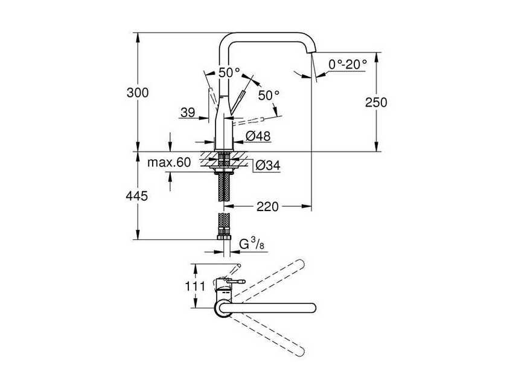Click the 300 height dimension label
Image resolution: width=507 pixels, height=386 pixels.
pos(138,93)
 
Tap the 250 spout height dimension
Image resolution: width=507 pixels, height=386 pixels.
pos(376,103)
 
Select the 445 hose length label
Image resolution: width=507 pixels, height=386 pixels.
pos(137,196)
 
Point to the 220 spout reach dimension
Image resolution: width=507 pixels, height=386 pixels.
pos(267,206)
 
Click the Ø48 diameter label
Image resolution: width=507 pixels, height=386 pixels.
pos(258,136)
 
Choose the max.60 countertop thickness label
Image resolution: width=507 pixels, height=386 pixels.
pos(169,162)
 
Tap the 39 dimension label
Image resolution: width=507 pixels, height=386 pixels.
pos(188,112)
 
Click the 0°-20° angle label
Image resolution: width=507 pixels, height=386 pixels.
pos(348,65)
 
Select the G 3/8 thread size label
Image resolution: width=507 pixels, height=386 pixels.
pos(252,244)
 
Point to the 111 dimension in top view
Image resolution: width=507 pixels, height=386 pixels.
pos(195,286)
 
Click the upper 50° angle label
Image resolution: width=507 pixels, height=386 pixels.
pos(229,72)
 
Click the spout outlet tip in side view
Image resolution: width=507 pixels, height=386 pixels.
pos(311,52)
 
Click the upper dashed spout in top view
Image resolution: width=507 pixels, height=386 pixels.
pos(269,279)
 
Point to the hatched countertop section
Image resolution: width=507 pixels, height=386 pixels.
pos(224,159)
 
